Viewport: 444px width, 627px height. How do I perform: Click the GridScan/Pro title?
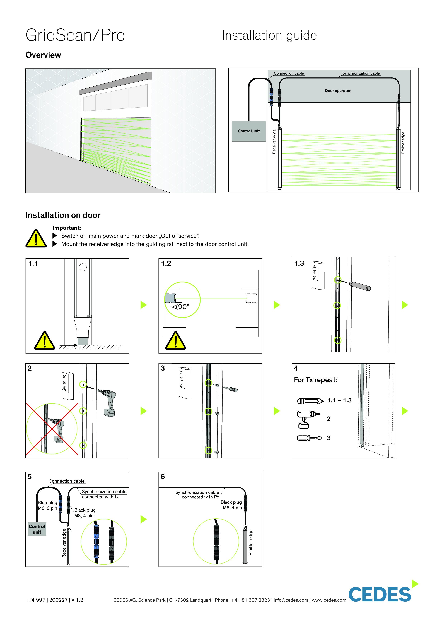75,36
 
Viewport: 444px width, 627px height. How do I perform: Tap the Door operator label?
338,91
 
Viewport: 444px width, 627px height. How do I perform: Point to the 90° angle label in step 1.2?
181,307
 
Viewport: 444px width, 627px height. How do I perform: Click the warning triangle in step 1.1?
44,341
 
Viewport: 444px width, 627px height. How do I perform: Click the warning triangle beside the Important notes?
36,239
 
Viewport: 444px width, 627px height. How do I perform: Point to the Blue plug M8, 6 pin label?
47,505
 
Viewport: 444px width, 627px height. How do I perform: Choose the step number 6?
163,477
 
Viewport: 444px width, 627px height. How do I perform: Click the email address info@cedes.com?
291,600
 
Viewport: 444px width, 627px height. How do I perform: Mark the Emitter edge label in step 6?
251,543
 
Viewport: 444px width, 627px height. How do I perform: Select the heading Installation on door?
63,215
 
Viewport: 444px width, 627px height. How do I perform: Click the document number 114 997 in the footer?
35,600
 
